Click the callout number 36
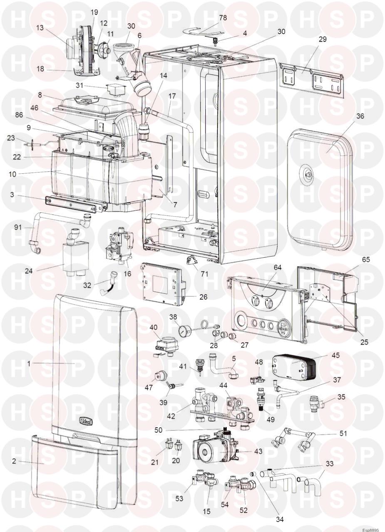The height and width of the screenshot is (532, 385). pyautogui.click(x=360, y=116)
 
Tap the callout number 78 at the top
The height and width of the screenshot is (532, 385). pyautogui.click(x=223, y=18)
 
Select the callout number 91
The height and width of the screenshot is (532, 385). pyautogui.click(x=18, y=227)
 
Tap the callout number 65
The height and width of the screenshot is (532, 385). pyautogui.click(x=365, y=259)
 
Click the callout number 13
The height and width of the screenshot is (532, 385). pyautogui.click(x=40, y=28)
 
